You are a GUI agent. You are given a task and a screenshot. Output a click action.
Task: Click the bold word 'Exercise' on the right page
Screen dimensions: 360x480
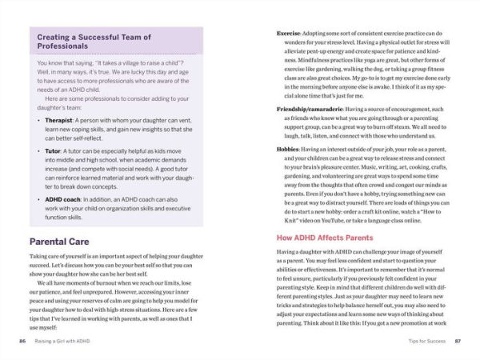pyautogui.click(x=289, y=34)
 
